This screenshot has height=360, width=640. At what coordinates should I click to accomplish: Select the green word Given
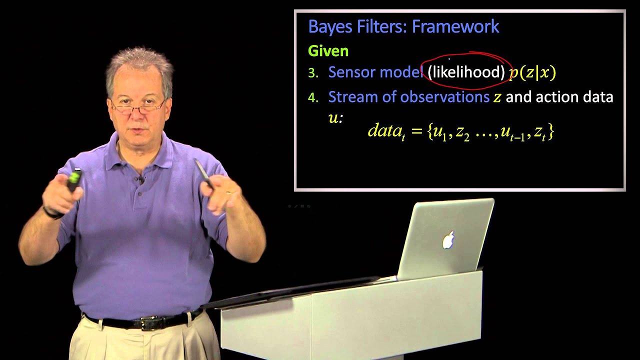point(328,51)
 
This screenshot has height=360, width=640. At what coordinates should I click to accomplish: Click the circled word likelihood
point(466,72)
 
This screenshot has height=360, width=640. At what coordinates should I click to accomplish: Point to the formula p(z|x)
point(532,72)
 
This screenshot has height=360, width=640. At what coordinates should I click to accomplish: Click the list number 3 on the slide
point(313,73)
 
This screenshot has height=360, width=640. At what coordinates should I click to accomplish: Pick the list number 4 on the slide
point(313,97)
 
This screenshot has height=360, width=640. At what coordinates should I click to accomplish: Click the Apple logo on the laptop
point(448,240)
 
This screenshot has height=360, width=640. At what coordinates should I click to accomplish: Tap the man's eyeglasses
point(138,105)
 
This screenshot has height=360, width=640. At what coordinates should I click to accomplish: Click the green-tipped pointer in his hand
point(74,179)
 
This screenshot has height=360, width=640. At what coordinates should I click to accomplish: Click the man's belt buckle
point(148,323)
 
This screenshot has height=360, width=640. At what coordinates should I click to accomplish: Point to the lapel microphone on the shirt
point(141,179)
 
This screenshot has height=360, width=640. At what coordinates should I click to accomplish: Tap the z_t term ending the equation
point(542,132)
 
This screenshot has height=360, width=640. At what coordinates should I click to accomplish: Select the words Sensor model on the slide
point(375,72)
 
